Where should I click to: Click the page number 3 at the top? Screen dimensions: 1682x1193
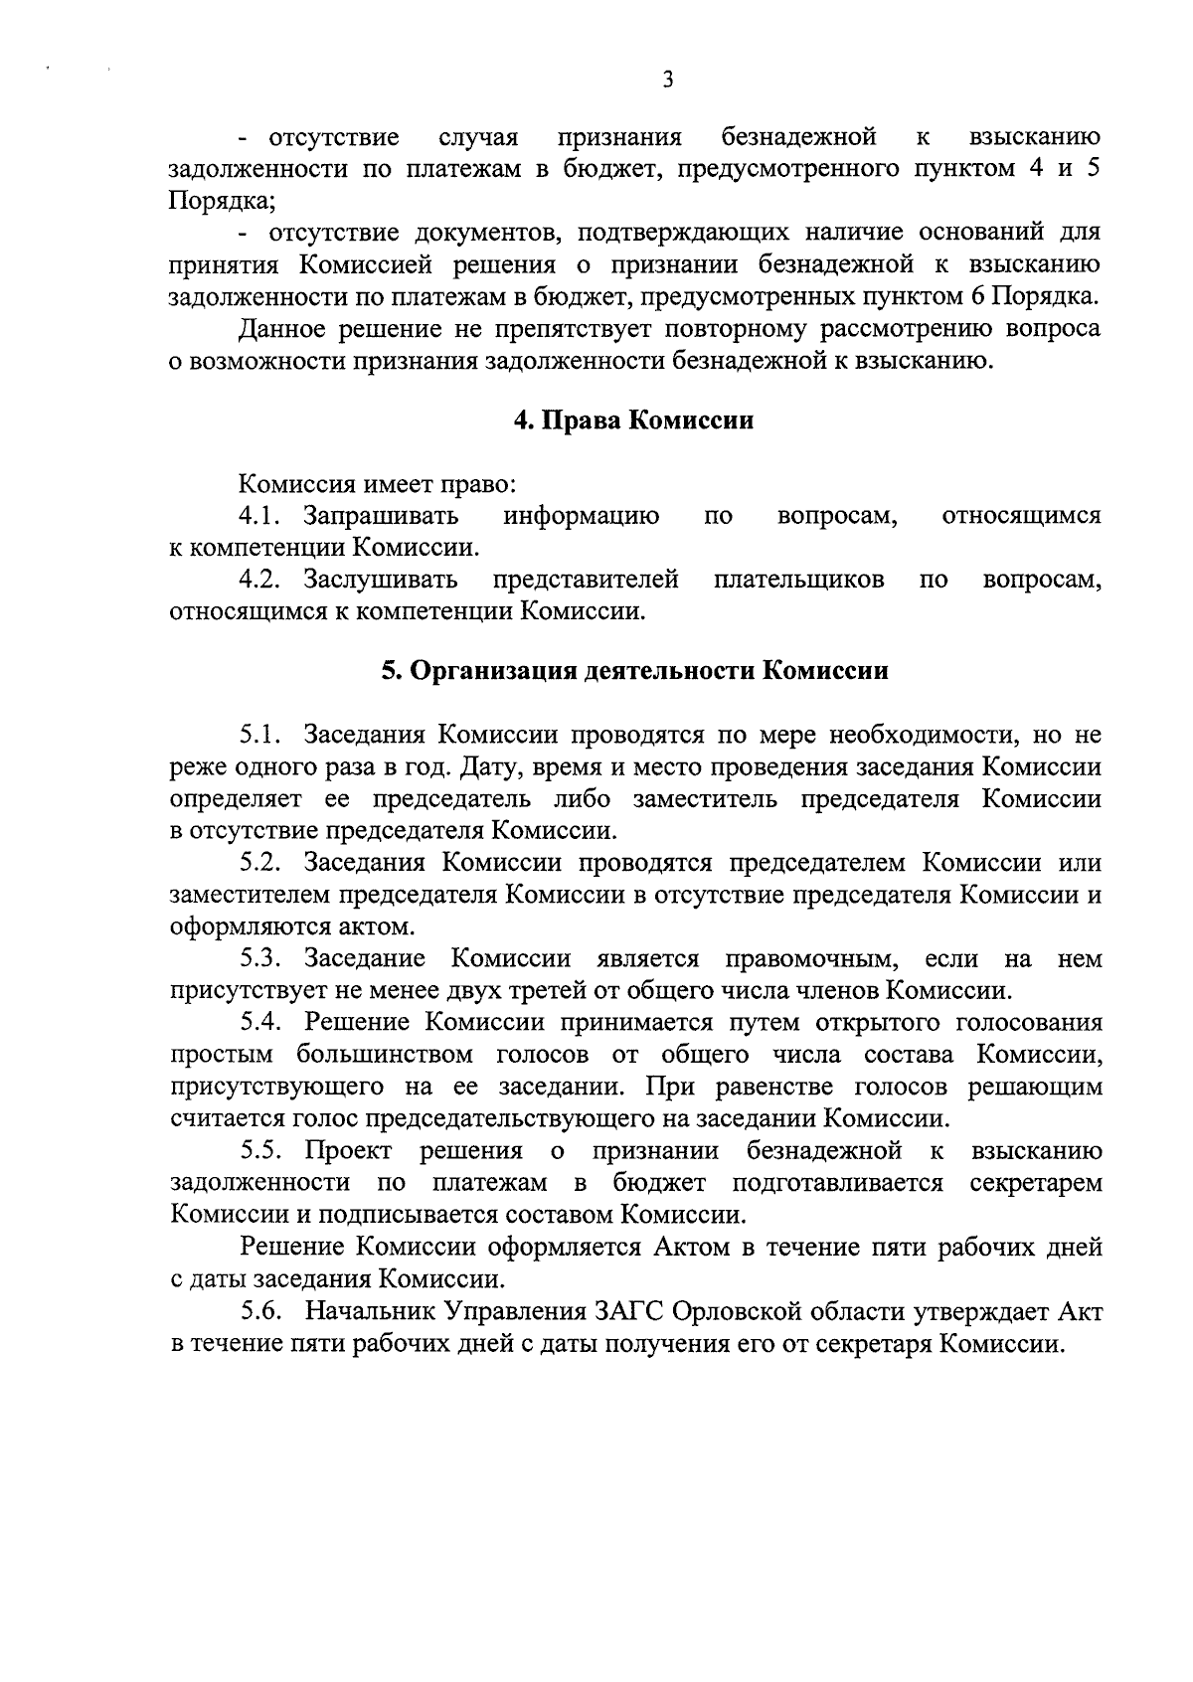point(667,81)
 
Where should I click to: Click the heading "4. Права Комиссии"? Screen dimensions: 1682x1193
point(633,420)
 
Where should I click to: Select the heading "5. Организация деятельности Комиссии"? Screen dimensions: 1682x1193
point(635,671)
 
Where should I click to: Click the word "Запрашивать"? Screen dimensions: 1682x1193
point(381,516)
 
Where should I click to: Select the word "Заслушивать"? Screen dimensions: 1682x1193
point(381,580)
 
